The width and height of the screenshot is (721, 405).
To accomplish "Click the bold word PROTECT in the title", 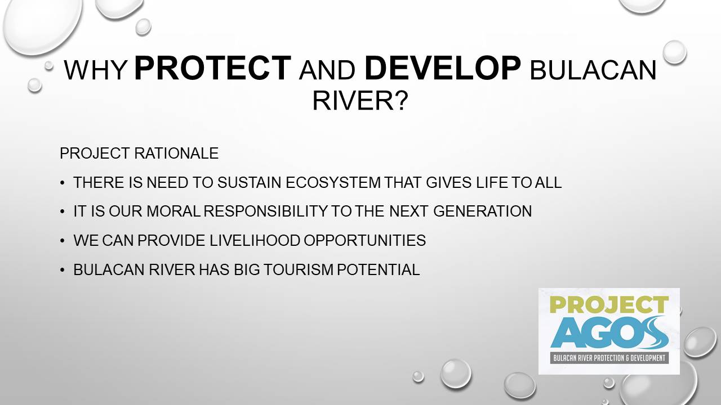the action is click(x=212, y=68).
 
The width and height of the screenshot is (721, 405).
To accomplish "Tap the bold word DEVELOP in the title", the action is click(x=443, y=68).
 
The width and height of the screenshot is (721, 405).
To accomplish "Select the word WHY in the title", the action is click(x=96, y=70).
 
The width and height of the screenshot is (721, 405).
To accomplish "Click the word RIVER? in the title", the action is click(x=360, y=100).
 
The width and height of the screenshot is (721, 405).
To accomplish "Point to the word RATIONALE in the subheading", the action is click(x=176, y=154).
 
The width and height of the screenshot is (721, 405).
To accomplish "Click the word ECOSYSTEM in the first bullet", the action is click(x=333, y=183).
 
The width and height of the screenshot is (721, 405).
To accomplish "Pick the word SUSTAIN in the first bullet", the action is click(x=249, y=183).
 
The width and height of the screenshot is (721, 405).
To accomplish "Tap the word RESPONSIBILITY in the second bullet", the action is click(x=265, y=211).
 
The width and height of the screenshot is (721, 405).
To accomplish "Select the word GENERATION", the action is click(x=483, y=211).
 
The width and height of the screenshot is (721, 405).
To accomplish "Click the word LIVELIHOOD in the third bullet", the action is click(x=255, y=240).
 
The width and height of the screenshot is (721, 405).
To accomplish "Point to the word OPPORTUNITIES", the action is click(x=364, y=240).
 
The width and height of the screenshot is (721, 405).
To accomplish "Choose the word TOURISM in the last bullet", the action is click(x=299, y=269).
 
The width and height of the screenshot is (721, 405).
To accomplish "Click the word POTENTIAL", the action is click(x=378, y=269).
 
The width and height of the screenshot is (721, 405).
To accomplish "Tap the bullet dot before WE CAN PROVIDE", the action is click(x=63, y=241).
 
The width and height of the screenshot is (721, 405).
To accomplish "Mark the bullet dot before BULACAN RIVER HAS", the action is click(x=63, y=270).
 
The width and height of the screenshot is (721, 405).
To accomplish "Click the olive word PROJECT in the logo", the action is click(x=609, y=304).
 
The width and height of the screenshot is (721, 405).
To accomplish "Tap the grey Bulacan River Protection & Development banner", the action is click(x=609, y=358).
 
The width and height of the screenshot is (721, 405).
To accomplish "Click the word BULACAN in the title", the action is click(x=593, y=70).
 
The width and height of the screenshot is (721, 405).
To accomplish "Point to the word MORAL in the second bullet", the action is click(x=173, y=211).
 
